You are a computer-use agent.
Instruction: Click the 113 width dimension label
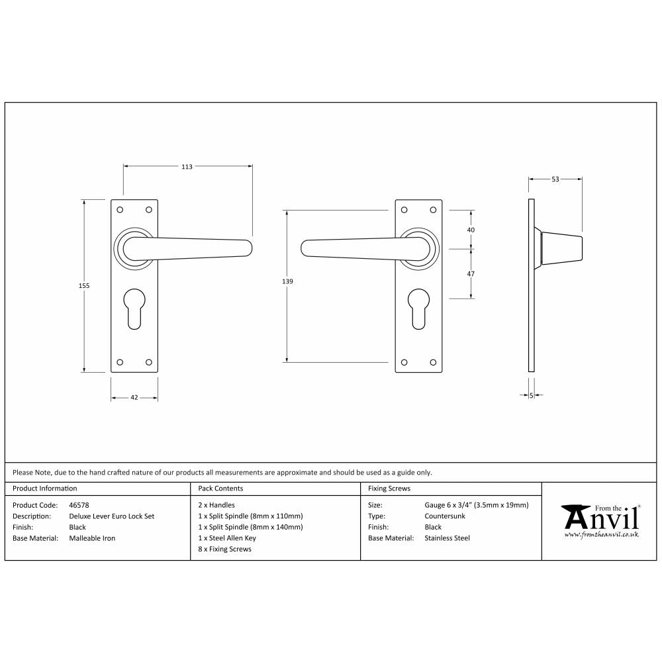click(187, 167)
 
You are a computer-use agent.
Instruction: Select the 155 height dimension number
click(84, 285)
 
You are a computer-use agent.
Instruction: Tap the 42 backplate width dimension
click(134, 398)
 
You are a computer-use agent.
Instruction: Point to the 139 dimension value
click(287, 281)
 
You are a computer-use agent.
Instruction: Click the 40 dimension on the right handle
click(471, 230)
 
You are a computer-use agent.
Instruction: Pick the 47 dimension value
click(471, 273)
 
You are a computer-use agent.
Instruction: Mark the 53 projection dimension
click(555, 179)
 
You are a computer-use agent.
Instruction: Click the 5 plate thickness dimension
click(532, 395)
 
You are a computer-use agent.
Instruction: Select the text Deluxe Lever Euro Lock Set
click(111, 516)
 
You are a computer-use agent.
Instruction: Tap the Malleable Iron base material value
click(92, 538)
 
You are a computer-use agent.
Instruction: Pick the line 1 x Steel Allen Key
click(226, 538)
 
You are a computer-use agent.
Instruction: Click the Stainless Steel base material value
click(447, 538)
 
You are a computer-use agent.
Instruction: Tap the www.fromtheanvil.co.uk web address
click(601, 534)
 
